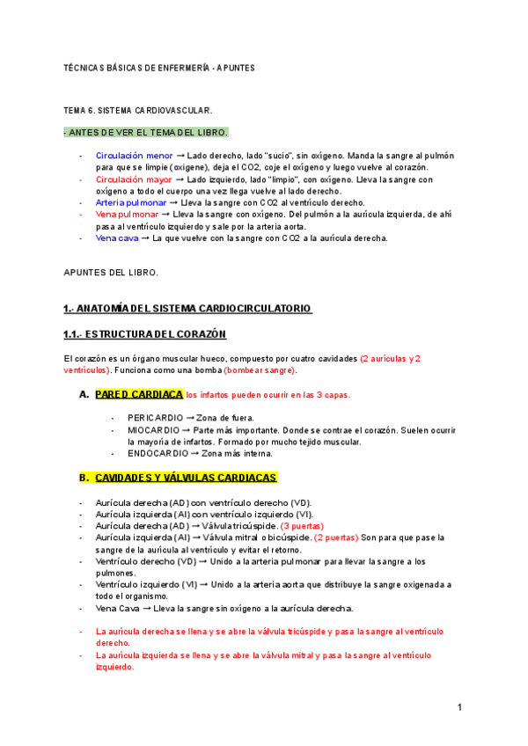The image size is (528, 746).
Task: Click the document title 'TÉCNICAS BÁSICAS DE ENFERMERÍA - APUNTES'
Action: (x=159, y=68)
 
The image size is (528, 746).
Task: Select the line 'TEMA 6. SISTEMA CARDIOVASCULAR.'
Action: (x=138, y=112)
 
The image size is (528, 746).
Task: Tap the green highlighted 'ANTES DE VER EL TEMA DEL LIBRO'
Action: (x=146, y=133)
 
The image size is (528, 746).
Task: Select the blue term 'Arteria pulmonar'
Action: (x=131, y=202)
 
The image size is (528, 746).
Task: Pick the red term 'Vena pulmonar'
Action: (x=128, y=214)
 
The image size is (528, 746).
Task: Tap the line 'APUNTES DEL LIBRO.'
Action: (x=111, y=273)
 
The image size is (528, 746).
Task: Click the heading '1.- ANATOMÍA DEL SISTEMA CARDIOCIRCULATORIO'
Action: (x=187, y=309)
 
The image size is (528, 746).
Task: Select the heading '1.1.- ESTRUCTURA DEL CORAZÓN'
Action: (x=145, y=334)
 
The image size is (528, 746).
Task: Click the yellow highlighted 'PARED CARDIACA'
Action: (x=139, y=394)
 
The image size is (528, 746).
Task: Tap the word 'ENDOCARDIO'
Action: (x=158, y=454)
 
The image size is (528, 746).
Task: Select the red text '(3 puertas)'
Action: (x=302, y=525)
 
